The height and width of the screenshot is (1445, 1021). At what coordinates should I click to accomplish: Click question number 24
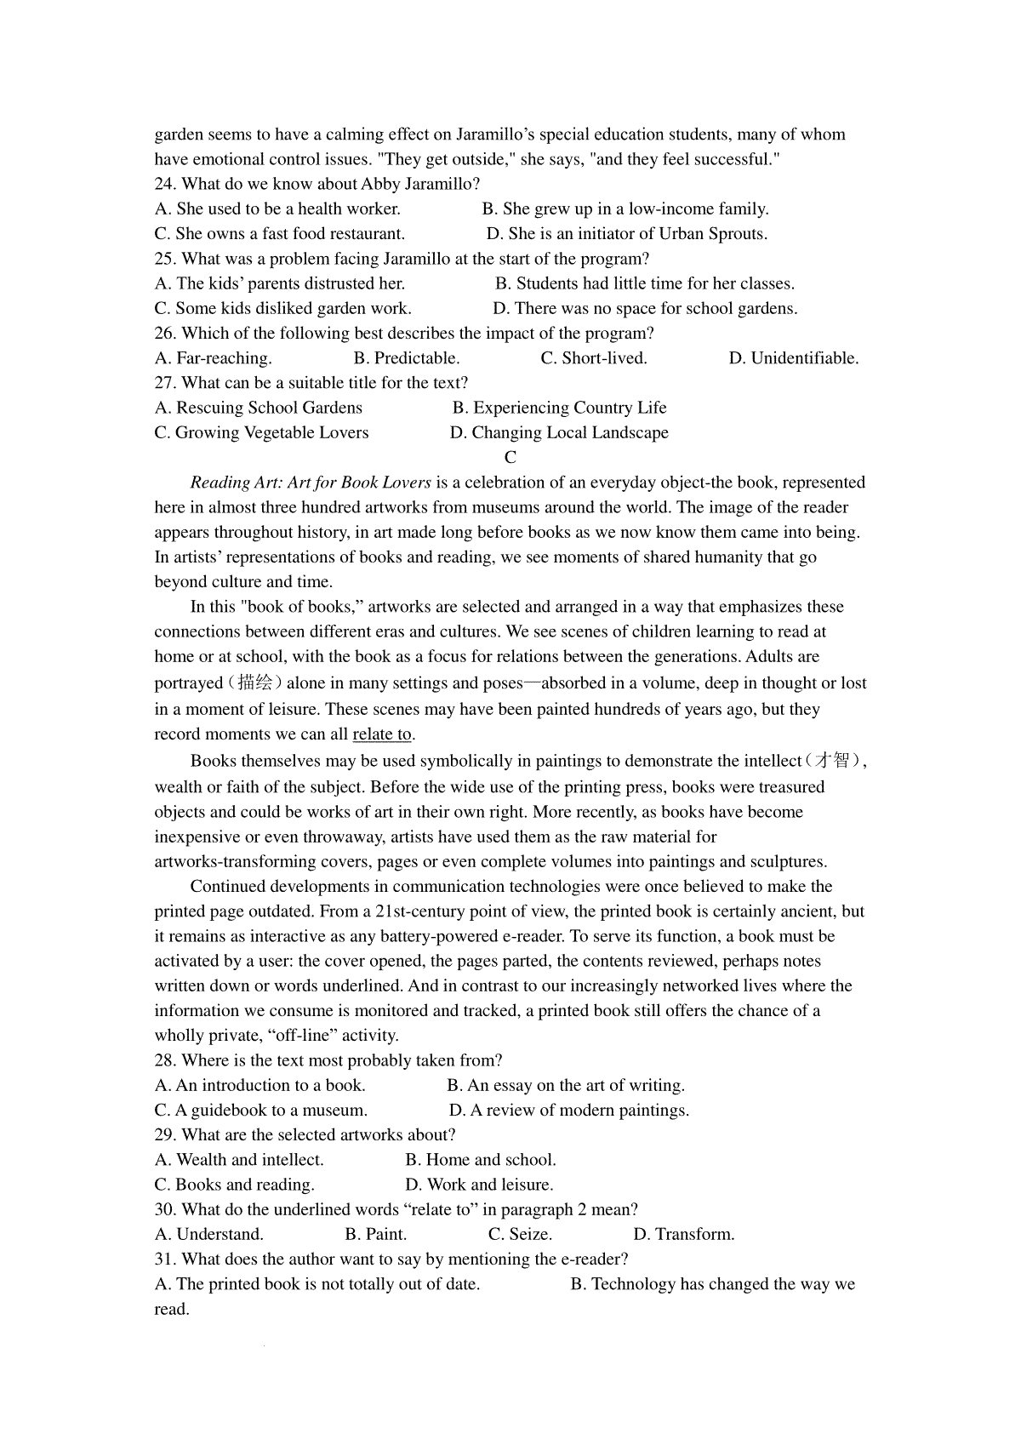pyautogui.click(x=165, y=184)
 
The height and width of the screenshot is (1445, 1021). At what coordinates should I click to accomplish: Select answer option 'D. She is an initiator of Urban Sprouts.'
pyautogui.click(x=626, y=234)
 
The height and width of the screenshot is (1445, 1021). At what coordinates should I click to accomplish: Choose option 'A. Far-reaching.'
pyautogui.click(x=213, y=358)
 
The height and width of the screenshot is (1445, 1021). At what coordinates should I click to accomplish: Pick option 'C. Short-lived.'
pyautogui.click(x=594, y=358)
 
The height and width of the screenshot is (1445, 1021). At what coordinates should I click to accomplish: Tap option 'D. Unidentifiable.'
pyautogui.click(x=793, y=358)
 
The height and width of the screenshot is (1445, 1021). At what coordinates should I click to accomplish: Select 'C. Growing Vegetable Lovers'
pyautogui.click(x=261, y=433)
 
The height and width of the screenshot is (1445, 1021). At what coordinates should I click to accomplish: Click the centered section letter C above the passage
pyautogui.click(x=510, y=458)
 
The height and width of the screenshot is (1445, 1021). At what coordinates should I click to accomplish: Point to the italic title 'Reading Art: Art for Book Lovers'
pyautogui.click(x=311, y=483)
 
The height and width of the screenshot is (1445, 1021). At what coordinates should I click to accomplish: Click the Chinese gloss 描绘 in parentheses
pyautogui.click(x=254, y=683)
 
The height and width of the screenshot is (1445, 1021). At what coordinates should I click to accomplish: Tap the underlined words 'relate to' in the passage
pyautogui.click(x=382, y=734)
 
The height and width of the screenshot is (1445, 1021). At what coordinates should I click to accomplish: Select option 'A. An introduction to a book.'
pyautogui.click(x=260, y=1086)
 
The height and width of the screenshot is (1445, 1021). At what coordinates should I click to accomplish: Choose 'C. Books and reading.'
pyautogui.click(x=234, y=1185)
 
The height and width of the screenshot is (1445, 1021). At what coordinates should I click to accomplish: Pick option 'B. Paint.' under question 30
pyautogui.click(x=376, y=1235)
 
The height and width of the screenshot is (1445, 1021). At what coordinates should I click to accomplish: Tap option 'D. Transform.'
pyautogui.click(x=683, y=1235)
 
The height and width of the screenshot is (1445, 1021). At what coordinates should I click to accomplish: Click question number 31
pyautogui.click(x=165, y=1259)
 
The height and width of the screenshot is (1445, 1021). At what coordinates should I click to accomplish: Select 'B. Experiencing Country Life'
pyautogui.click(x=559, y=408)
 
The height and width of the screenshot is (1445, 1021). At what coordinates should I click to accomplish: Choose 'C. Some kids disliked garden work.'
pyautogui.click(x=282, y=309)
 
